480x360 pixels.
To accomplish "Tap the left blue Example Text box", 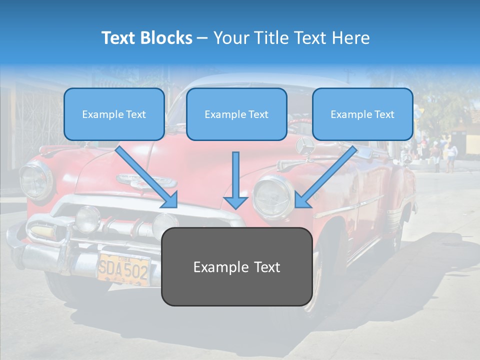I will [x=114, y=114].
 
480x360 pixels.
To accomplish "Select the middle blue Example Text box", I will [x=236, y=114].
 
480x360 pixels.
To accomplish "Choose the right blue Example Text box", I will [x=362, y=114].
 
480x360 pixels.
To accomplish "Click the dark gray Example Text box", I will [x=236, y=267].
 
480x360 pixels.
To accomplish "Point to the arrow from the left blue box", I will [x=147, y=177].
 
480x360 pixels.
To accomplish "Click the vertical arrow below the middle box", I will [x=235, y=180].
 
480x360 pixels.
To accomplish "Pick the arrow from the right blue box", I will [x=326, y=177].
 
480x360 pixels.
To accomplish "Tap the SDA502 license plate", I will [x=123, y=270].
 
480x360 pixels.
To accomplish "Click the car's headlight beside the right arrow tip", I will [x=272, y=196].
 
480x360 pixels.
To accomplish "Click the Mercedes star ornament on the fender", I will [x=305, y=145].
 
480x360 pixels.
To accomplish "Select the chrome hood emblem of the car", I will [x=146, y=180].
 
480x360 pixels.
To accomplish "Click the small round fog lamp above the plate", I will [x=88, y=218].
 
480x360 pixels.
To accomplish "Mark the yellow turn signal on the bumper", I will [x=42, y=232].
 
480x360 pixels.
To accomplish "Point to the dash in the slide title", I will [x=203, y=38].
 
